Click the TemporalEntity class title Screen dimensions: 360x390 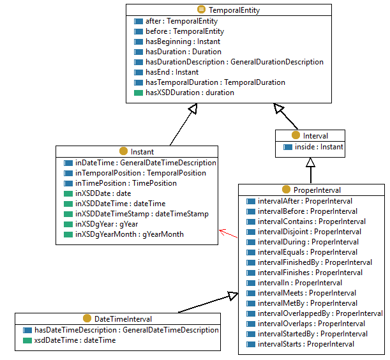(233, 10)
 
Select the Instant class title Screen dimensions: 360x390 (142, 152)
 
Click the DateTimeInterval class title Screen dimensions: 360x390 (123, 319)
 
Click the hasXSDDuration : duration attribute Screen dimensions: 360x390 (190, 93)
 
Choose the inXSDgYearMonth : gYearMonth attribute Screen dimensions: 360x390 (129, 234)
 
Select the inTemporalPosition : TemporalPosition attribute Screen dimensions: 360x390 (140, 173)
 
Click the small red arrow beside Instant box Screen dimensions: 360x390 (224, 232)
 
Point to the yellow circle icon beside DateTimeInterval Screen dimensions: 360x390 (87, 319)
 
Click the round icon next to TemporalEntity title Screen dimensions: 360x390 (201, 10)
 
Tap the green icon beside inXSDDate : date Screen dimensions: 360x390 (68, 193)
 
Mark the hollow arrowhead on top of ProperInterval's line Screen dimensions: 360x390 (310, 163)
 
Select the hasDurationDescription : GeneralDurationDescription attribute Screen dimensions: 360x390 (234, 62)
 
